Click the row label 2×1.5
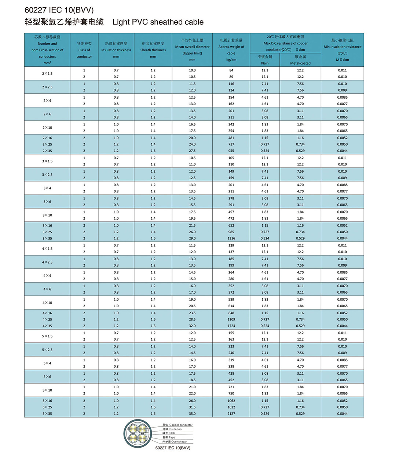click(x=47, y=74)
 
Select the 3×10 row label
click(x=47, y=215)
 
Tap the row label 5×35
click(x=47, y=414)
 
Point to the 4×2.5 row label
click(x=47, y=262)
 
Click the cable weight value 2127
click(x=231, y=414)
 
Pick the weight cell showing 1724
click(x=231, y=326)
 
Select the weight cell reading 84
click(x=231, y=70)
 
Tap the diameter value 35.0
click(x=192, y=414)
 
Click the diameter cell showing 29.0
click(x=192, y=238)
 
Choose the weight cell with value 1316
click(x=231, y=238)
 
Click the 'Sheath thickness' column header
click(x=153, y=50)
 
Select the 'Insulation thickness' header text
click(x=116, y=50)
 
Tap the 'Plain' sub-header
click(x=265, y=63)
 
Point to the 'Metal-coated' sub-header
click(x=300, y=63)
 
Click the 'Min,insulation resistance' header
click(x=342, y=47)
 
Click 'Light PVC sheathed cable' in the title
click(x=158, y=22)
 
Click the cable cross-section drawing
click(x=138, y=433)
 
